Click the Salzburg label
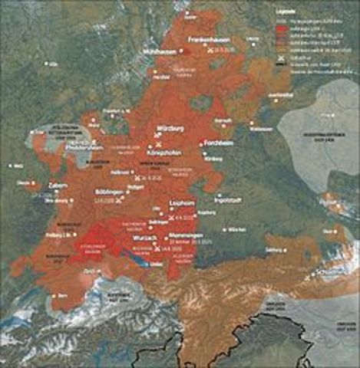click(x=292, y=250)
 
